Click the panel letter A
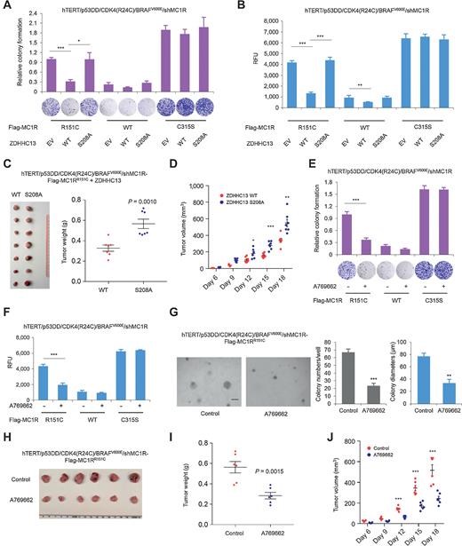click(x=6, y=6)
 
